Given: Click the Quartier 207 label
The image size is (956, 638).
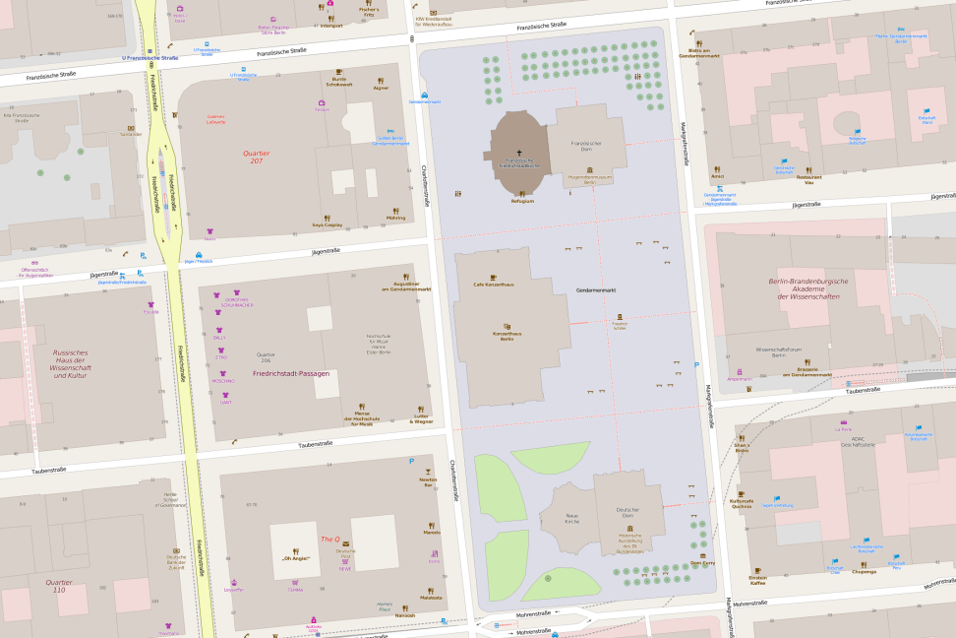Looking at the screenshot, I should tap(256, 157).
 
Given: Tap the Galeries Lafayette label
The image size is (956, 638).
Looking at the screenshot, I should tap(215, 119).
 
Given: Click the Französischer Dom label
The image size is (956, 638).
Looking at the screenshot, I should tap(586, 146).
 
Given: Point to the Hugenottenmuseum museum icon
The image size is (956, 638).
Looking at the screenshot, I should tap(590, 169).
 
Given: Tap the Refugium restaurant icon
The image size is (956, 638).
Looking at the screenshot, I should tap(522, 193).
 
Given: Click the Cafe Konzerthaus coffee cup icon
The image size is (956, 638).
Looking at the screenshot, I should tap(493, 277).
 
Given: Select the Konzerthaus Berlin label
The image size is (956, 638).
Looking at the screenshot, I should tap(508, 335).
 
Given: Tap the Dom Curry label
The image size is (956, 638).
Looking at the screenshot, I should tap(702, 563).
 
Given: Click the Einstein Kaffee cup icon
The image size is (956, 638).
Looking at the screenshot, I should tap(757, 570).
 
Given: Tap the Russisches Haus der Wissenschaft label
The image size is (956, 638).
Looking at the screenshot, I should tap(71, 363).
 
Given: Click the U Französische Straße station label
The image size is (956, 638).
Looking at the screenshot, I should tap(149, 58).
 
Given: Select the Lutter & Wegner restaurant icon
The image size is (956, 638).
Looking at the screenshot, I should tap(419, 409).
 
